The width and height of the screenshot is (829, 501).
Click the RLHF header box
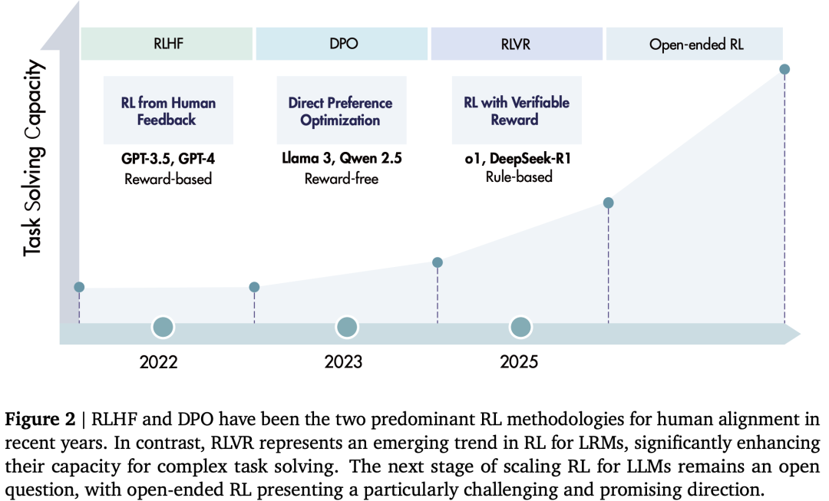pyautogui.click(x=167, y=44)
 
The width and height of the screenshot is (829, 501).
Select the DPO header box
pyautogui.click(x=342, y=44)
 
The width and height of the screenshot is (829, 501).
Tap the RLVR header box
pyautogui.click(x=517, y=44)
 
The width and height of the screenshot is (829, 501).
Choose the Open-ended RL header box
pyautogui.click(x=694, y=44)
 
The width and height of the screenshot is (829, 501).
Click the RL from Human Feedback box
pyautogui.click(x=168, y=110)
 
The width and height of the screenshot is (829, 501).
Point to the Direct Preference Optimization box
pyautogui.click(x=342, y=110)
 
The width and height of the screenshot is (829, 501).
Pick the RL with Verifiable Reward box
pyautogui.click(x=517, y=110)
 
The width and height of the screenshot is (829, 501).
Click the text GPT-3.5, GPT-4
pyautogui.click(x=168, y=159)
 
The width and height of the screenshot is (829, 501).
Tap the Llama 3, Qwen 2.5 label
pyautogui.click(x=342, y=158)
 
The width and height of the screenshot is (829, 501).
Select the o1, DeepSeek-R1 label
pyautogui.click(x=517, y=159)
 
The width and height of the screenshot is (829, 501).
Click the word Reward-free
pyautogui.click(x=342, y=179)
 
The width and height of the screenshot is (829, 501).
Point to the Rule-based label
pyautogui.click(x=519, y=176)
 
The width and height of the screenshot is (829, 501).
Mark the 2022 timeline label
pyautogui.click(x=159, y=362)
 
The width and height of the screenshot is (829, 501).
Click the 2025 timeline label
pyautogui.click(x=519, y=362)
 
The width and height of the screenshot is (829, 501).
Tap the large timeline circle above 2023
pyautogui.click(x=347, y=327)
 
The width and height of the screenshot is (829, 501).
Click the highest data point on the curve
pyautogui.click(x=784, y=69)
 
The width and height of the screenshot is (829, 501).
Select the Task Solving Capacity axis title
pyautogui.click(x=33, y=158)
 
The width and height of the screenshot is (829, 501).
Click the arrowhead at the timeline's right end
pyautogui.click(x=792, y=334)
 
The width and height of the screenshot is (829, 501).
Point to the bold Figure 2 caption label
pyautogui.click(x=40, y=419)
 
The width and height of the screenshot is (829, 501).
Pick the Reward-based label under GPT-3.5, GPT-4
pyautogui.click(x=168, y=180)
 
